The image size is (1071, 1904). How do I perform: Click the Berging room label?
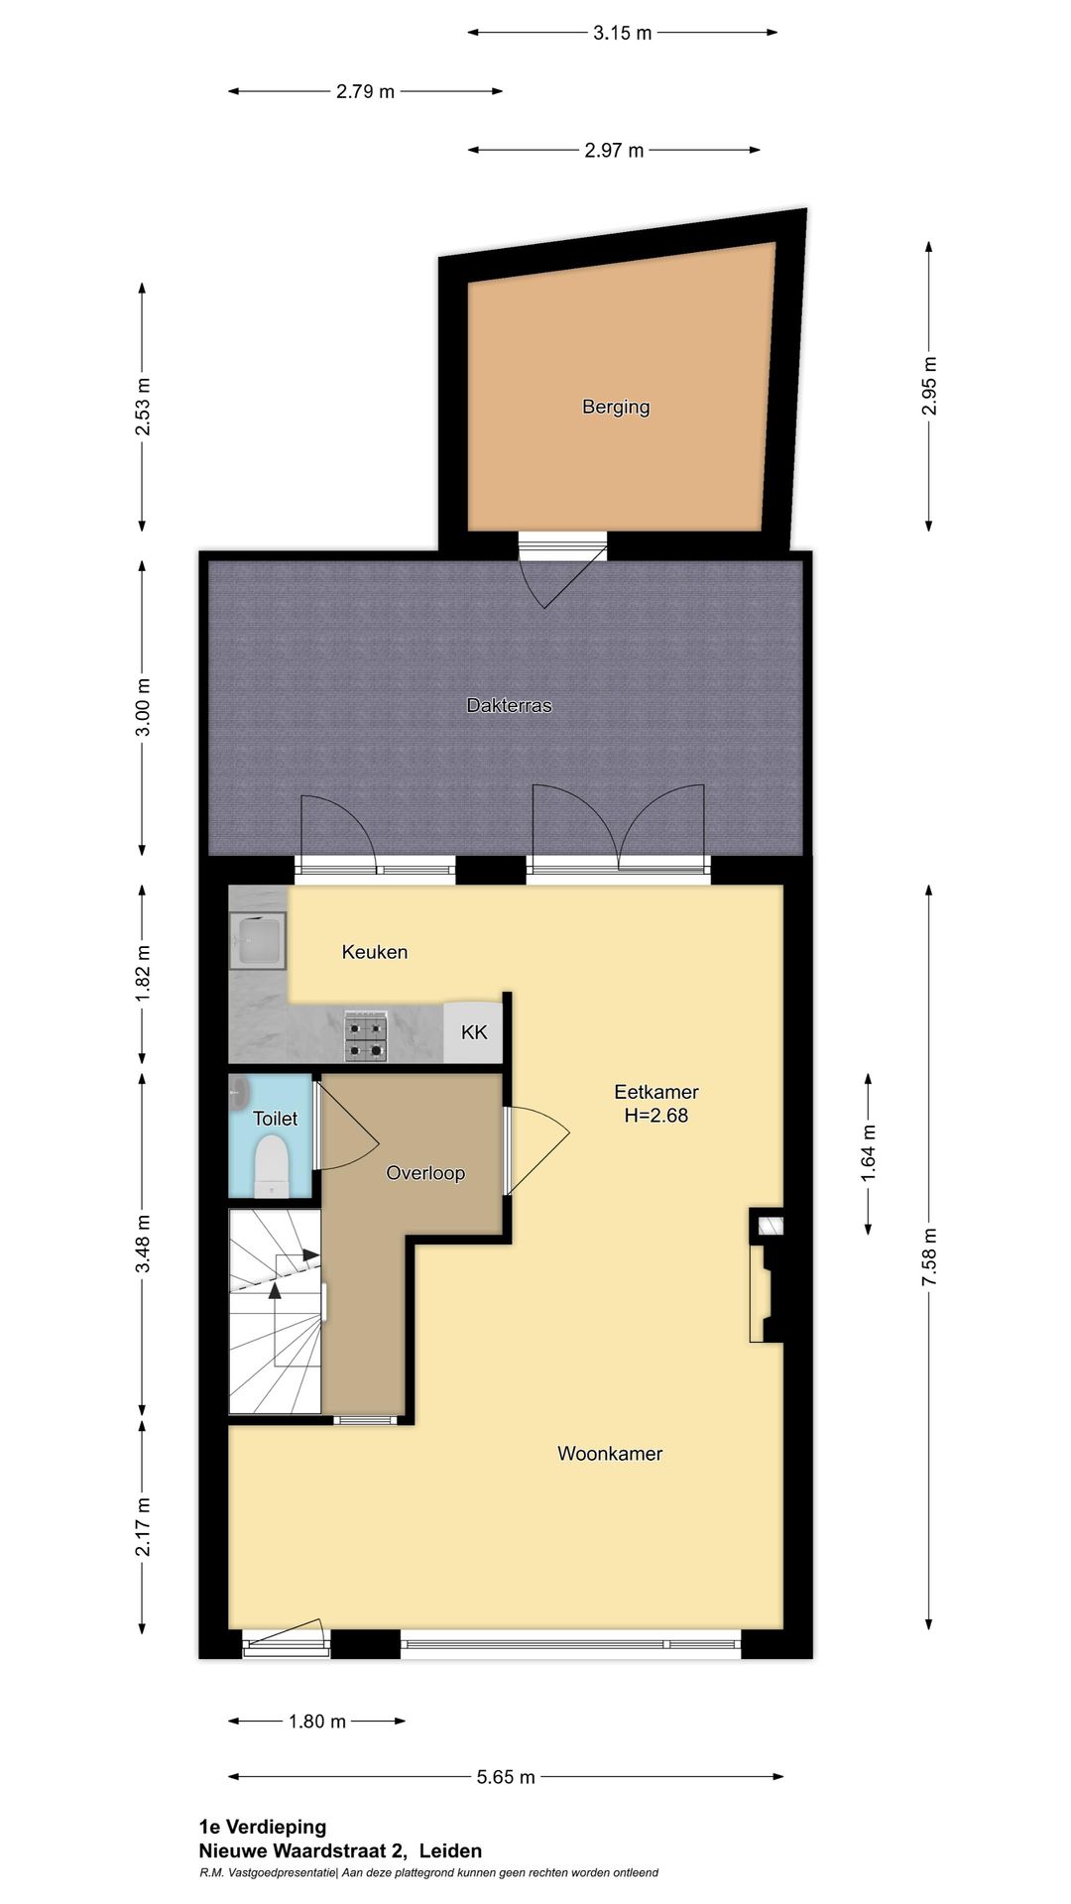616,407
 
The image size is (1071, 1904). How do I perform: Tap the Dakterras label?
509,705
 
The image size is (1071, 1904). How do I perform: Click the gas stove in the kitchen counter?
365,1036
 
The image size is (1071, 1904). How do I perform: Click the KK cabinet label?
474,1032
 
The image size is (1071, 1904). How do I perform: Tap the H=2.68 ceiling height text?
655,1116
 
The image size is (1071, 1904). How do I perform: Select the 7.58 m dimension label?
929,1256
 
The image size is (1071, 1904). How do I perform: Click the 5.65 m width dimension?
506,1776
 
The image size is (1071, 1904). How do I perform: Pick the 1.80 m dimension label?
317,1721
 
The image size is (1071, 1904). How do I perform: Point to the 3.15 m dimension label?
622,33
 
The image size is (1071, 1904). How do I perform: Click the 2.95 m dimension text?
929,385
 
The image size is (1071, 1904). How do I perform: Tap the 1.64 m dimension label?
868,1153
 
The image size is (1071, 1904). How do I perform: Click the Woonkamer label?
609,1454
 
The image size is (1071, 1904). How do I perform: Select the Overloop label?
425,1173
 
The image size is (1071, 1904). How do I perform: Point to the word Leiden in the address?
450,1850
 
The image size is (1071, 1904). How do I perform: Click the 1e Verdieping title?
263,1827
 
